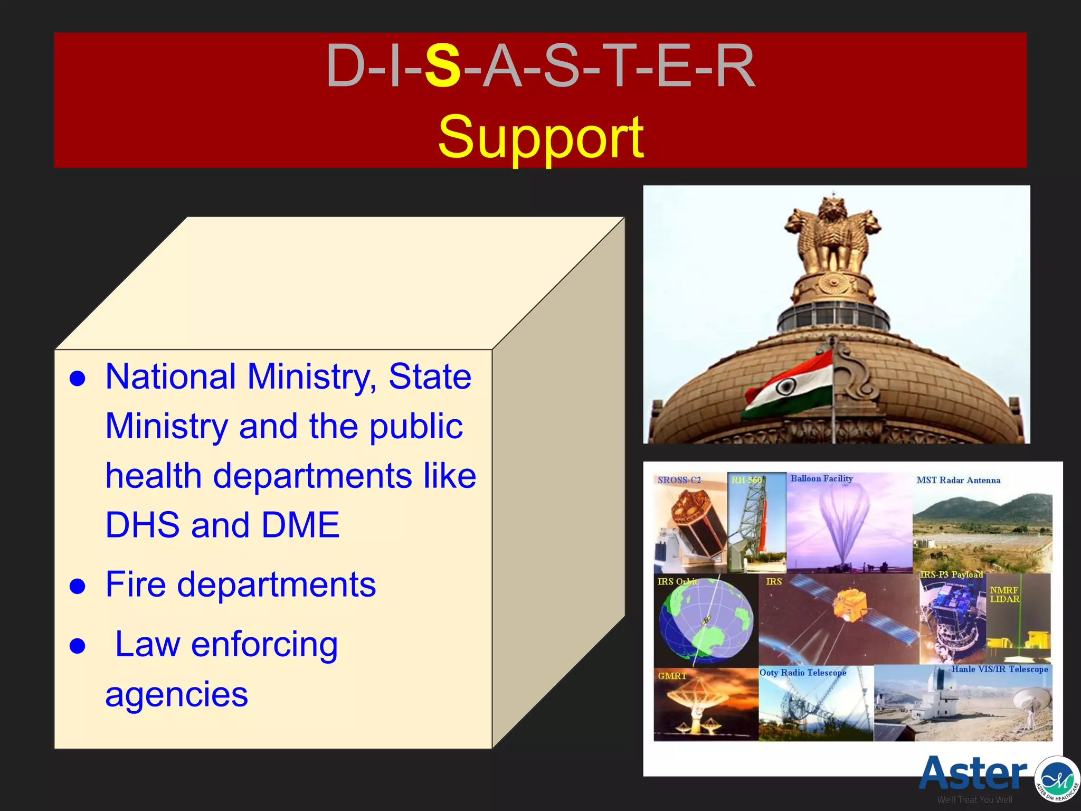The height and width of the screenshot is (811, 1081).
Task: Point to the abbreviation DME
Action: pyautogui.click(x=301, y=525)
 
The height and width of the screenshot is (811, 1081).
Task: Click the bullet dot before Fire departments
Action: pyautogui.click(x=78, y=587)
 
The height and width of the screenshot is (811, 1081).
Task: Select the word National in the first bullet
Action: pyautogui.click(x=170, y=376)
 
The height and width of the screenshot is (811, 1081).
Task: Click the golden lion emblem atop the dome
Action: pyautogui.click(x=832, y=232)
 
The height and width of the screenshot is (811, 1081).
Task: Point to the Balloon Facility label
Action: pyautogui.click(x=821, y=478)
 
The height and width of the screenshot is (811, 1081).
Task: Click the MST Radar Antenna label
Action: pyautogui.click(x=958, y=480)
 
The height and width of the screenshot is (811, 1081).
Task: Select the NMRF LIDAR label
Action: pyautogui.click(x=1004, y=595)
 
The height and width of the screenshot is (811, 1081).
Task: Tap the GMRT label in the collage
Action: pyautogui.click(x=672, y=676)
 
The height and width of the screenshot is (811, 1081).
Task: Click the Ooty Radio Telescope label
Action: pyautogui.click(x=802, y=673)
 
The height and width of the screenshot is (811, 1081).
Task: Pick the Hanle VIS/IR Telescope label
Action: pyautogui.click(x=999, y=669)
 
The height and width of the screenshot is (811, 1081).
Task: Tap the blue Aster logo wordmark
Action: pyautogui.click(x=972, y=773)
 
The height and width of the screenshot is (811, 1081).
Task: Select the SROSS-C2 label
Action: pyautogui.click(x=679, y=480)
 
